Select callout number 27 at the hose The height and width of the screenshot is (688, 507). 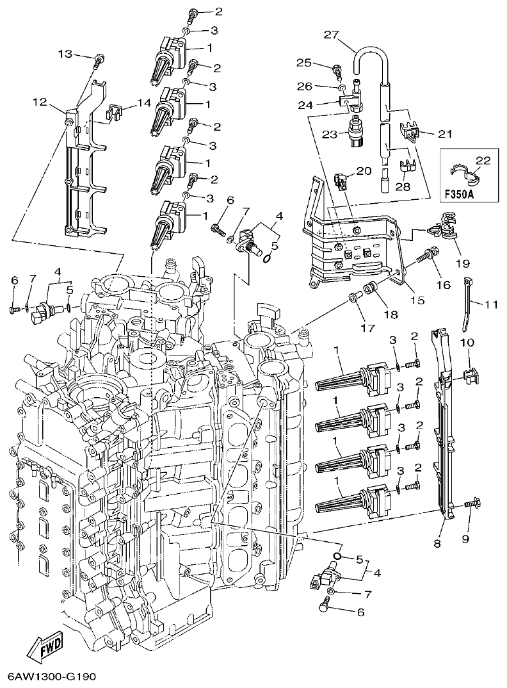(330, 36)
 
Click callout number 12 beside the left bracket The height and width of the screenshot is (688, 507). (40, 101)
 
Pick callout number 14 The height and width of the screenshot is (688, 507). (143, 102)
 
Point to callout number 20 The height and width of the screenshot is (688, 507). (364, 171)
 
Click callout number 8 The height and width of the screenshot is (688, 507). (437, 543)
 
